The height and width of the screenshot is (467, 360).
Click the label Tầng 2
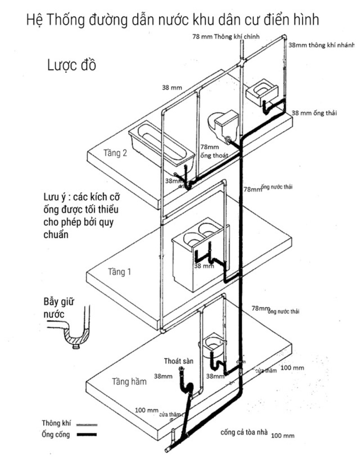115,153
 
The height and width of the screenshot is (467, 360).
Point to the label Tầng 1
119,272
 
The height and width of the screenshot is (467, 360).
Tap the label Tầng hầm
129,382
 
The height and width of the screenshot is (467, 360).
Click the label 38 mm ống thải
314,113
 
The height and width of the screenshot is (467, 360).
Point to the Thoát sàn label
178,361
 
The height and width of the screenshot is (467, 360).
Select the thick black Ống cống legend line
87,435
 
